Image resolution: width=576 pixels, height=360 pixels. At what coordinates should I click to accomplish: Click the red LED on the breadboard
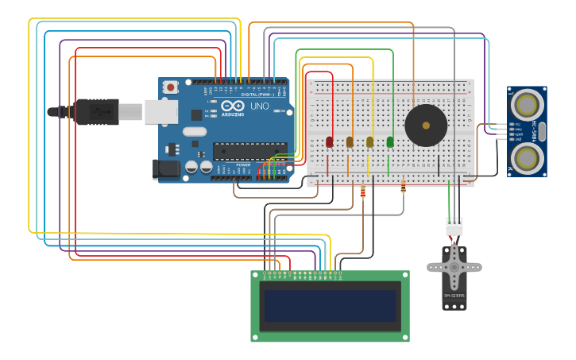point(330,142)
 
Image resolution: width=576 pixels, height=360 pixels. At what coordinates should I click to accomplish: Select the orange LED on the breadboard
point(350,142)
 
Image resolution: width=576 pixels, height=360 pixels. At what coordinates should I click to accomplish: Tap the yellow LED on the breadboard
point(369,142)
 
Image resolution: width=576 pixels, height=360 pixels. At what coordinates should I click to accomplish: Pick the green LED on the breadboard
point(390,142)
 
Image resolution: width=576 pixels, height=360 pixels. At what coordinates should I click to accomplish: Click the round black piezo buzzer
point(426,126)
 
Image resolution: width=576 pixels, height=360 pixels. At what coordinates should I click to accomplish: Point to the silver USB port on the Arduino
point(160,112)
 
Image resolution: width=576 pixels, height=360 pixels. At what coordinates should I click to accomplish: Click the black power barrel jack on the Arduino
point(165,168)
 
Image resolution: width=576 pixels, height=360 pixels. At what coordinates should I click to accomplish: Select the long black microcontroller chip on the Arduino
point(249,151)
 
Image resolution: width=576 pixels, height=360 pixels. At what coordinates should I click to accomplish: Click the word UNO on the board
point(260,106)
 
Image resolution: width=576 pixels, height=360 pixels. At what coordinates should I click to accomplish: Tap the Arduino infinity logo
point(233,105)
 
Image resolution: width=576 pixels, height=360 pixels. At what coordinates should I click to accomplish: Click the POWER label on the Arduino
point(243,165)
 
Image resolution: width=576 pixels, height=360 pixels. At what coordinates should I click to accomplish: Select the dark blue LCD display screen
point(331,306)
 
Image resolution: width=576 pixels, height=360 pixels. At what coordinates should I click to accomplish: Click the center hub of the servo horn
point(454,266)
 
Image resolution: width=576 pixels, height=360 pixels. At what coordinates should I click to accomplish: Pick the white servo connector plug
point(454,226)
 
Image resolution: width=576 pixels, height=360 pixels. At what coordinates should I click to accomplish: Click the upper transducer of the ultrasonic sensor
point(527,104)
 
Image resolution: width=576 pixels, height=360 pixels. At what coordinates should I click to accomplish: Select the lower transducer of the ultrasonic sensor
point(527,157)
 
